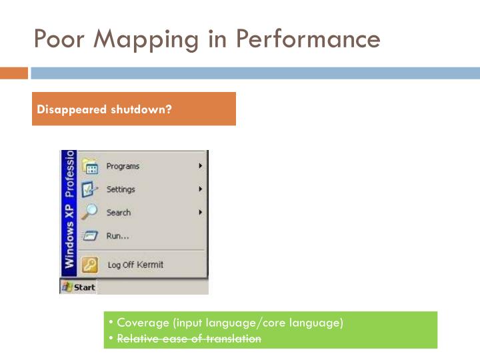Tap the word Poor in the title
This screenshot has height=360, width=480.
pyautogui.click(x=61, y=39)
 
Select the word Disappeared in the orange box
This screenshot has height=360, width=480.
pyautogui.click(x=67, y=109)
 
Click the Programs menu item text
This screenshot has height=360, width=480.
pyautogui.click(x=123, y=167)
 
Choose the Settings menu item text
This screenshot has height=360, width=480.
pyautogui.click(x=121, y=189)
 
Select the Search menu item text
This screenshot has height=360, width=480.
pyautogui.click(x=119, y=213)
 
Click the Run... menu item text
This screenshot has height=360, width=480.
pyautogui.click(x=117, y=235)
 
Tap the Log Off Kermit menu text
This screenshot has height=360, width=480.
pyautogui.click(x=135, y=265)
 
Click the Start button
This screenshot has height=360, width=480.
pyautogui.click(x=78, y=287)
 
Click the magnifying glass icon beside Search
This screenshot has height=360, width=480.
pyautogui.click(x=90, y=212)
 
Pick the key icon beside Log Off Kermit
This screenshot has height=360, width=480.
pyautogui.click(x=90, y=265)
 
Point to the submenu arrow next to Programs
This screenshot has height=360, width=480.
pyautogui.click(x=200, y=166)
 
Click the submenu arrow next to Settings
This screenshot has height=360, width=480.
pyautogui.click(x=200, y=189)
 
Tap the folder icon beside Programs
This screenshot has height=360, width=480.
pyautogui.click(x=90, y=166)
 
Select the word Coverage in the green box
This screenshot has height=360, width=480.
pyautogui.click(x=143, y=323)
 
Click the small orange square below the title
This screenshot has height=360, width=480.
pyautogui.click(x=14, y=73)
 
